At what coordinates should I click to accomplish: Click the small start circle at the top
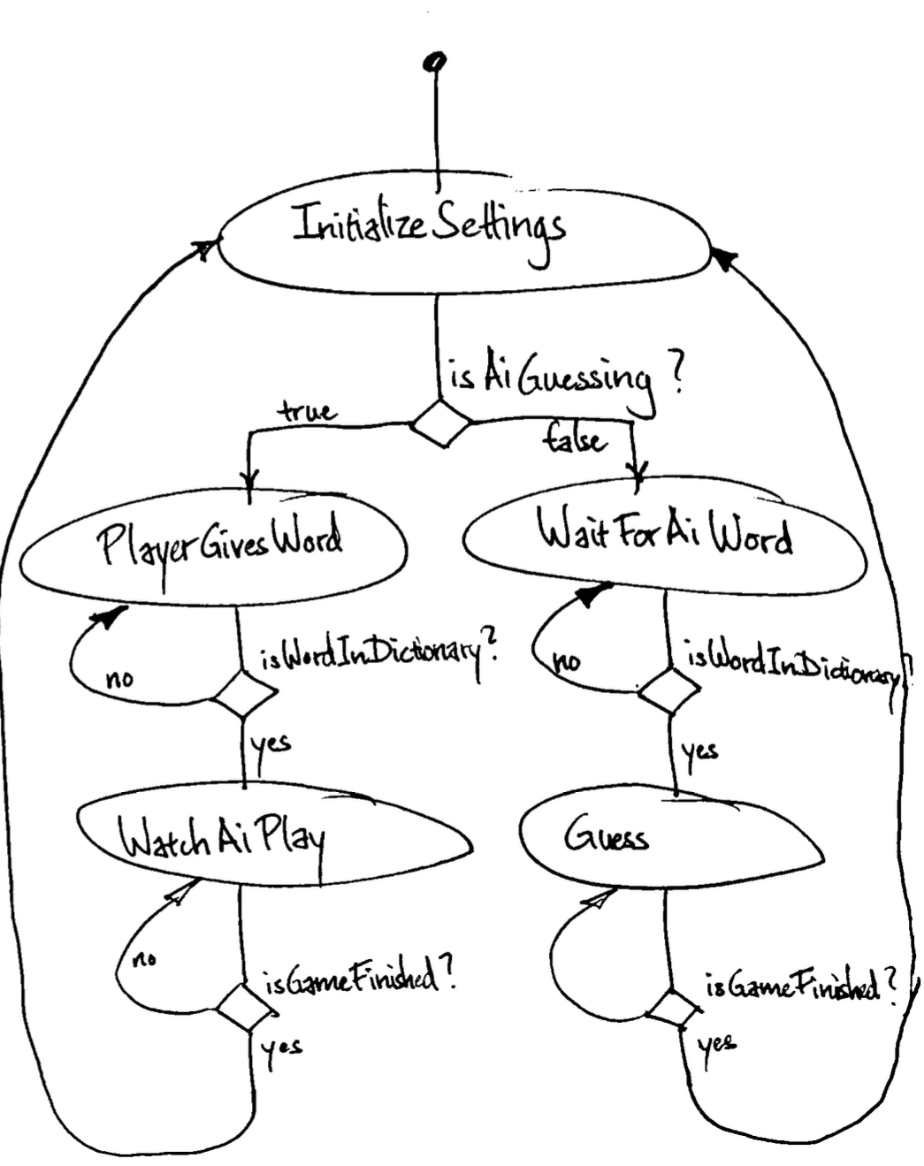click(434, 61)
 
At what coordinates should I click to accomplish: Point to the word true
click(308, 411)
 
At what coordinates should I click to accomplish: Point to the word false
click(576, 438)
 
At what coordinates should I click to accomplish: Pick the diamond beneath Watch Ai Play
click(241, 1005)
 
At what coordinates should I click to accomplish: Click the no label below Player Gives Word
click(119, 679)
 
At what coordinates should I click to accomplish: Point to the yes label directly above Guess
click(699, 751)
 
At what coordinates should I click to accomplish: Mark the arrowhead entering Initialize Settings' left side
click(205, 248)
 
